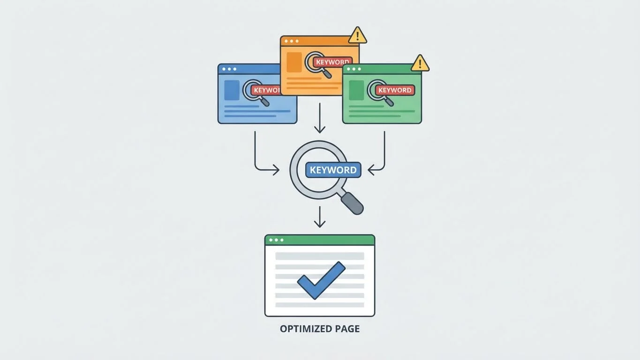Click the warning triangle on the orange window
(x=358, y=35)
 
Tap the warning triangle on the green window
(x=420, y=63)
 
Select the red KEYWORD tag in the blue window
(x=266, y=90)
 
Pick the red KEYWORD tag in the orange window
(x=332, y=62)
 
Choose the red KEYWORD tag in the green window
(x=395, y=90)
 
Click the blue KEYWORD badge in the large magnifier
(x=333, y=170)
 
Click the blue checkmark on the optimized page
(x=321, y=280)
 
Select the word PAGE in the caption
(x=347, y=329)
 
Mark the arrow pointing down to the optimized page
(x=320, y=217)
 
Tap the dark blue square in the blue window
(x=232, y=90)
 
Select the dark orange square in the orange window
(x=294, y=62)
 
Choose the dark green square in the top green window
(x=356, y=90)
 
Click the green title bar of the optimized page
(x=320, y=240)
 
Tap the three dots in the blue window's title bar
(x=229, y=69)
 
